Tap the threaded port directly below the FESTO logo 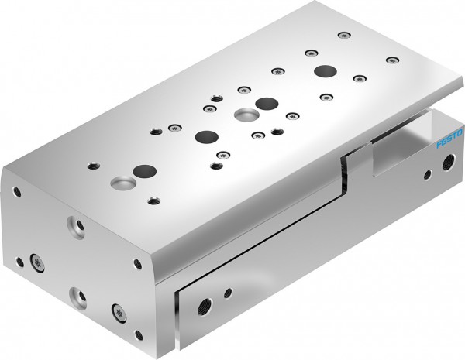(x=446, y=163)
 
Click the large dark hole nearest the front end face (x=143, y=170)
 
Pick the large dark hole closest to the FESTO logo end (x=324, y=71)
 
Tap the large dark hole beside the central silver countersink (x=267, y=103)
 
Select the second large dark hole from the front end (x=206, y=137)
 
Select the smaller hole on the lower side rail (x=228, y=293)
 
